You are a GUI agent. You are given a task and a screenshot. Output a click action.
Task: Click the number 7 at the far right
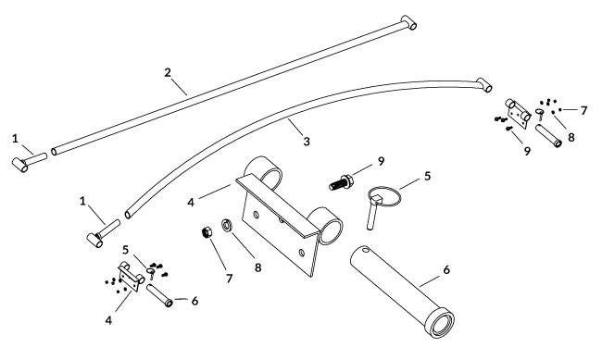(x=583, y=110)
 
